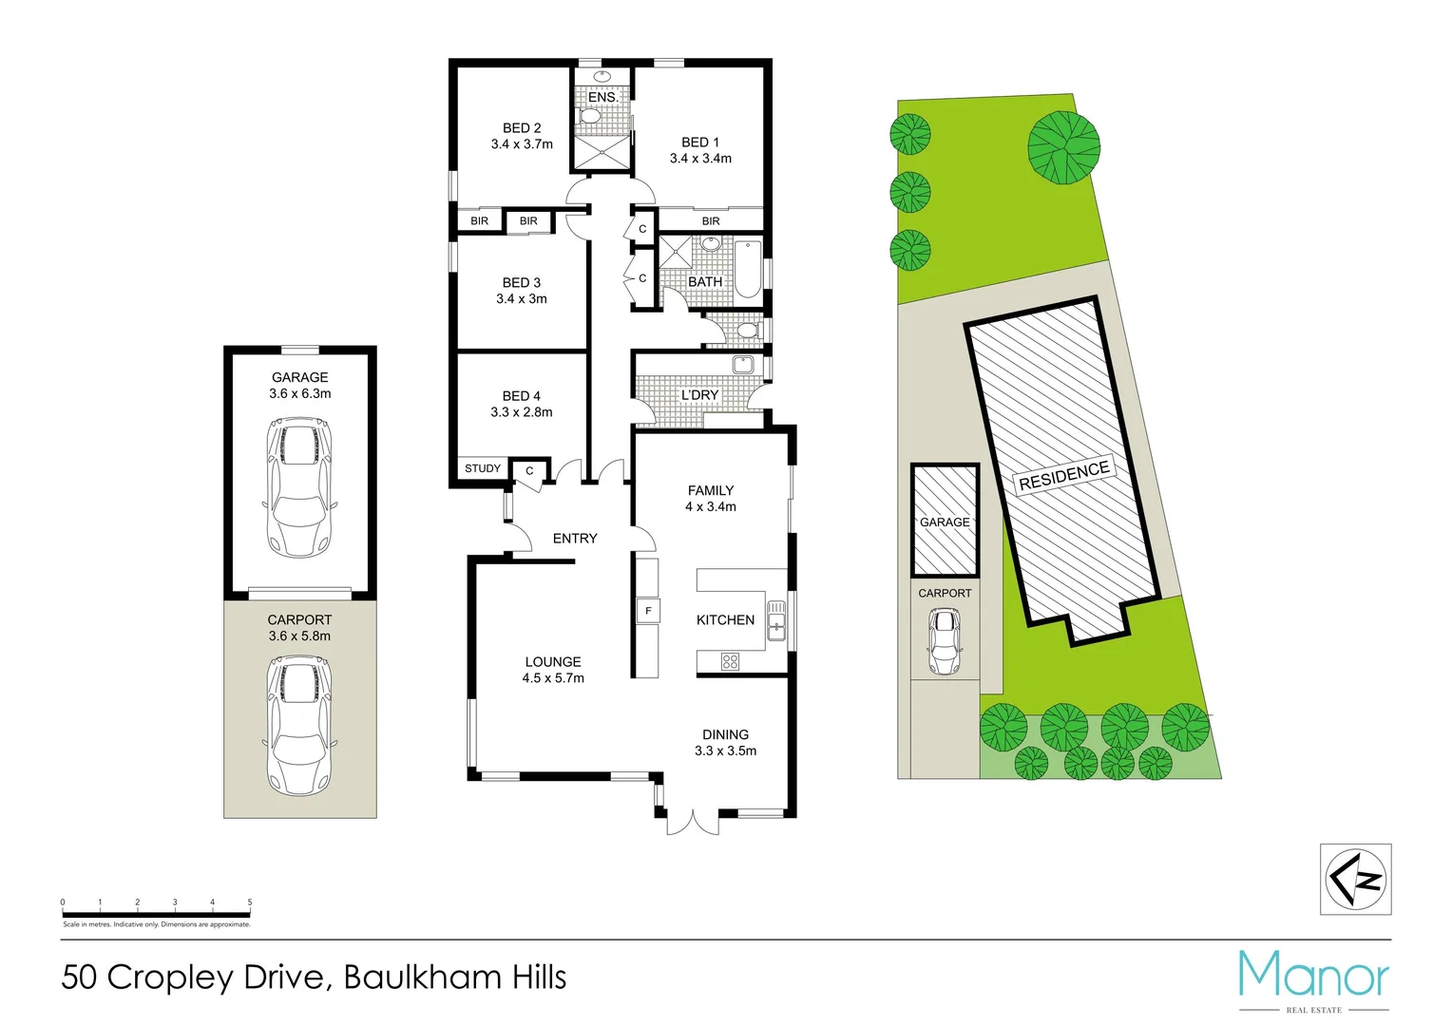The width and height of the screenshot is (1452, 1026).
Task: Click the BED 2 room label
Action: click(x=522, y=128)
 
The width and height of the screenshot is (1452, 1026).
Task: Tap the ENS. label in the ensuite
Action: click(x=602, y=97)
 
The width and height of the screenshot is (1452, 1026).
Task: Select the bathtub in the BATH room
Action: click(x=748, y=269)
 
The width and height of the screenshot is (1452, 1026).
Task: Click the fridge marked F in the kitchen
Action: click(x=648, y=611)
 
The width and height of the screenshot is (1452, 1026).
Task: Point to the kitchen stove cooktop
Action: click(x=730, y=661)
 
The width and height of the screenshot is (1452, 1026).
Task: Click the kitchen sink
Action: click(x=776, y=620)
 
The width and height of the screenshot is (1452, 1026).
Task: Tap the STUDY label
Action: click(x=483, y=468)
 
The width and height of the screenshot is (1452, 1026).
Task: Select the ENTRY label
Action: click(x=575, y=539)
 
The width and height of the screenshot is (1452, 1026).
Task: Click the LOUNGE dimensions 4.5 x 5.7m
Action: click(x=553, y=678)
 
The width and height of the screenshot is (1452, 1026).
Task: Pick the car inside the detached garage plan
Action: click(x=299, y=489)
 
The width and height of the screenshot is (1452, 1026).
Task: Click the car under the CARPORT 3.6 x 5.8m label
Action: click(x=299, y=727)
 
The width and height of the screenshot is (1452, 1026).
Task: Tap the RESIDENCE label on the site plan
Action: click(x=1064, y=475)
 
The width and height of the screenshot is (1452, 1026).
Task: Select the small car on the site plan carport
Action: click(x=945, y=641)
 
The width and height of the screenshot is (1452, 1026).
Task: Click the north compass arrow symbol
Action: click(x=1356, y=879)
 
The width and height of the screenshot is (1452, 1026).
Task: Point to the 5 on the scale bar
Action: click(x=250, y=902)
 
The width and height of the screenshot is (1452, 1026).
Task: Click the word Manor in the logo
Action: click(x=1313, y=975)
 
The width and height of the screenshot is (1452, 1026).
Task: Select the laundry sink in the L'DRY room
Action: click(x=742, y=365)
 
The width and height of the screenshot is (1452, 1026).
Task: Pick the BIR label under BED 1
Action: click(x=711, y=221)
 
